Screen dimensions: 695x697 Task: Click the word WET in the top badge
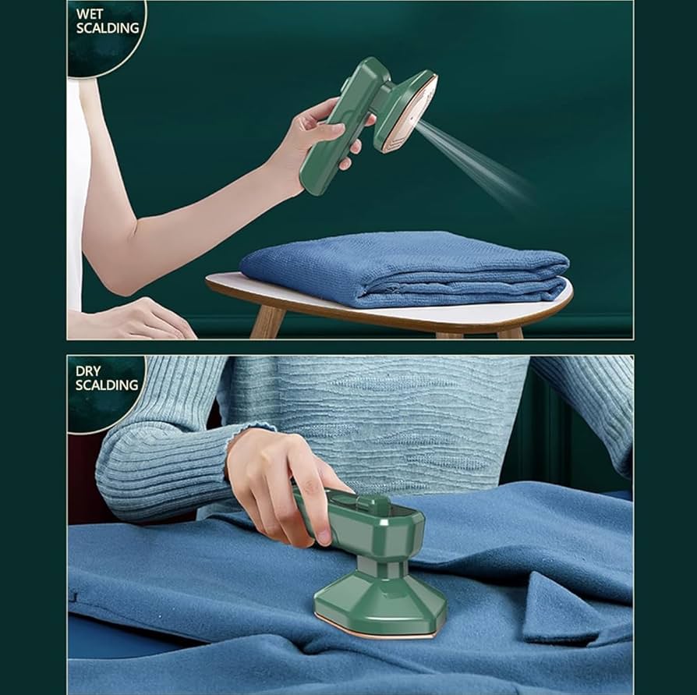(x=91, y=13)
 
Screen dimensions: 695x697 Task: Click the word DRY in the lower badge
(x=89, y=370)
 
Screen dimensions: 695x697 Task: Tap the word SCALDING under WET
(x=108, y=28)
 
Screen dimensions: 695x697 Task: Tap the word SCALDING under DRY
(x=107, y=385)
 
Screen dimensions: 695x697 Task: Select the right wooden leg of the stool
(x=510, y=332)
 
